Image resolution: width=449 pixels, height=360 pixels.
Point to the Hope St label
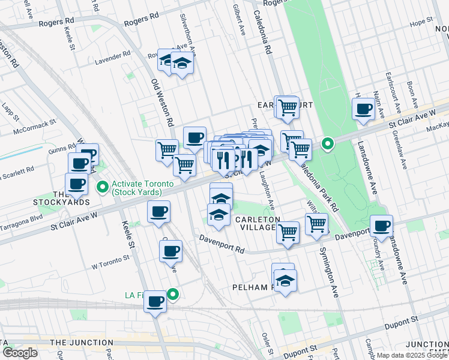point(417,24)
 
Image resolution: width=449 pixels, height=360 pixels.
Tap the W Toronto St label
point(110,262)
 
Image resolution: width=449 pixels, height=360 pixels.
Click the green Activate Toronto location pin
point(103,187)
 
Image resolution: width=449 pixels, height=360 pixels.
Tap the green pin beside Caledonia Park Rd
point(327,143)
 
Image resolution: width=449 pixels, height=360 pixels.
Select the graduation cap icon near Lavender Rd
point(181,62)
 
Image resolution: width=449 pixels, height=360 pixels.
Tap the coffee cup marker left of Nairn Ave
point(363,109)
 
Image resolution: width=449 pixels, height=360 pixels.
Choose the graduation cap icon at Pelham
point(285,280)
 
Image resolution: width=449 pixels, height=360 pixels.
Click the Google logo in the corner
point(19,353)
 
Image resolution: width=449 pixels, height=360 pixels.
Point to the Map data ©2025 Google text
point(411,355)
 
